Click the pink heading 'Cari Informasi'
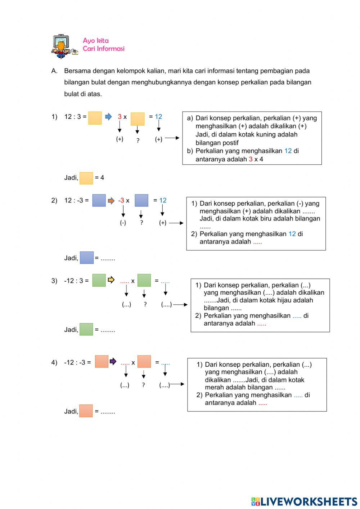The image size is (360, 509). (x=103, y=49)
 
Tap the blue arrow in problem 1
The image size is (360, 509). (x=108, y=116)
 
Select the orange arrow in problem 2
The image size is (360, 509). (x=111, y=201)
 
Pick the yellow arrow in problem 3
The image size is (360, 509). (x=111, y=280)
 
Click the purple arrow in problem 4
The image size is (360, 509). (x=113, y=361)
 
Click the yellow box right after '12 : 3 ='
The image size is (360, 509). (x=95, y=118)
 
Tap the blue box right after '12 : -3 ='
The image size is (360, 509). (x=99, y=200)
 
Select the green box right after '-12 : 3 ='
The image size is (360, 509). (x=99, y=280)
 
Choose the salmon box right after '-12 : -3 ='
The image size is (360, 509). (x=102, y=362)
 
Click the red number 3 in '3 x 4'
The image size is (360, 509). (x=251, y=159)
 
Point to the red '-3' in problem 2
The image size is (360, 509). (x=121, y=201)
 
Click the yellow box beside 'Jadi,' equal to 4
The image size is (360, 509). (x=86, y=178)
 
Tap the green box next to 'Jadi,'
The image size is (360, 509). (x=86, y=329)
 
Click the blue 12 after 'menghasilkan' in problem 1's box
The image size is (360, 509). (x=288, y=151)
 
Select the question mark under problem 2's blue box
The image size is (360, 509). (x=141, y=223)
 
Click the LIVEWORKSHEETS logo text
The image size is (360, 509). (x=309, y=501)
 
